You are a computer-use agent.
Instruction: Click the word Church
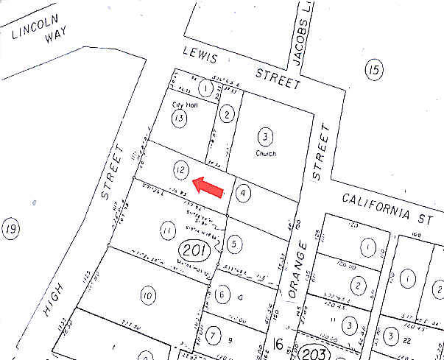point(265,154)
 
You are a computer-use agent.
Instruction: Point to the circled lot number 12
point(180,169)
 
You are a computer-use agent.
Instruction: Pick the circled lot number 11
point(167,230)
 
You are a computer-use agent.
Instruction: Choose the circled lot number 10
point(148,296)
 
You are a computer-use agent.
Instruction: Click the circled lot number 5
point(233,242)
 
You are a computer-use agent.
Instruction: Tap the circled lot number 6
point(221,294)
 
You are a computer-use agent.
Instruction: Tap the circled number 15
point(375,70)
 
